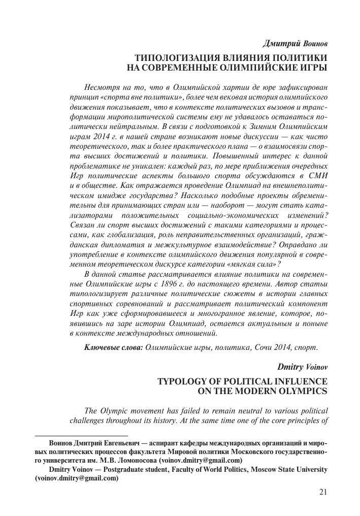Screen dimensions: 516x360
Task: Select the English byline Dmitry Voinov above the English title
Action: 302,366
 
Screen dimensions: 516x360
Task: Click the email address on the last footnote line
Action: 76,478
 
